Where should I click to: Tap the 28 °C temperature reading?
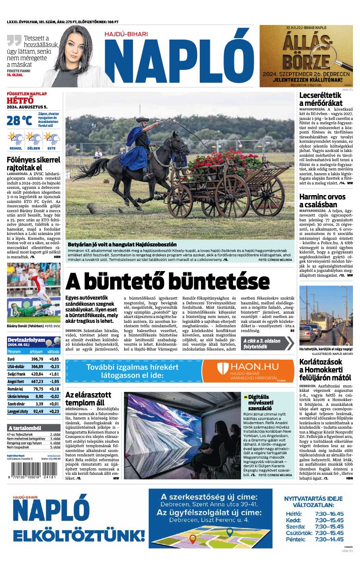pyautogui.click(x=19, y=120)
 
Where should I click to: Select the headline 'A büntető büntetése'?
pyautogui.click(x=167, y=281)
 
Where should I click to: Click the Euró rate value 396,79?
pyautogui.click(x=37, y=359)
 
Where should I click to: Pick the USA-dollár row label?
pyautogui.click(x=16, y=366)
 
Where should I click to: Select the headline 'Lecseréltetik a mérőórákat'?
pyautogui.click(x=320, y=99)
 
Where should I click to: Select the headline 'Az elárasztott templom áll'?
pyautogui.click(x=88, y=398)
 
